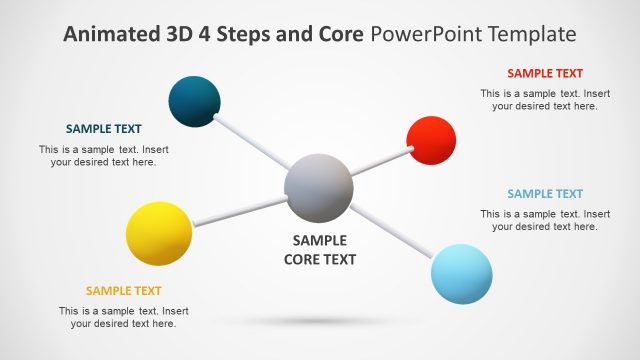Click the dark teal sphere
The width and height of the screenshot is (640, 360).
click(194, 101)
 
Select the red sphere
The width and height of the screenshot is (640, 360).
click(431, 140)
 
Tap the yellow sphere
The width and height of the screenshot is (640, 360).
click(159, 233)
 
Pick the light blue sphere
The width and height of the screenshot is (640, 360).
click(462, 273)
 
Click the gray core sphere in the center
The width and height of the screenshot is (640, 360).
click(318, 188)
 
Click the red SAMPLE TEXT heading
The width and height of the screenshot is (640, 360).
click(545, 73)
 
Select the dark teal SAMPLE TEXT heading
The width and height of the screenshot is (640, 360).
click(103, 129)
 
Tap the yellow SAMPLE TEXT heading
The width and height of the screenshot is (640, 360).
click(123, 291)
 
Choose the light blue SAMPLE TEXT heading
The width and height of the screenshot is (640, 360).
click(545, 194)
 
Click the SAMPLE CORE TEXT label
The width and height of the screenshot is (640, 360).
click(319, 250)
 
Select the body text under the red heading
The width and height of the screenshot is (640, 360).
click(545, 100)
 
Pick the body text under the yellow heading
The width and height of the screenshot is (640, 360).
click(123, 317)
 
